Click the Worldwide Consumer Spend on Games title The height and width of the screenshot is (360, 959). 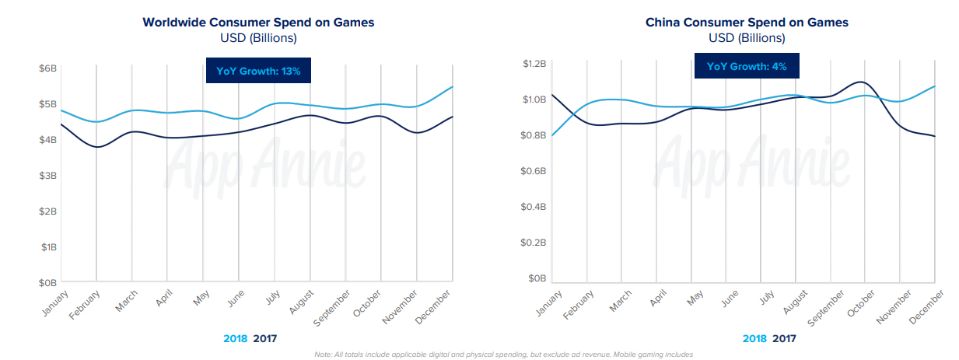coord(258,22)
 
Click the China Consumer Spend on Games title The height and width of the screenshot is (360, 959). coord(747,22)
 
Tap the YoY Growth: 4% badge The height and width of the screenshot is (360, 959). coord(747,67)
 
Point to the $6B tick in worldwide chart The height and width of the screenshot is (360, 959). coord(48,68)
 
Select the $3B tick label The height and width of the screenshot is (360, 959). coord(48,176)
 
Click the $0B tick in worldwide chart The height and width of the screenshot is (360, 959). coord(48,283)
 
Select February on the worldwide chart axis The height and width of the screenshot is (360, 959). coord(84,305)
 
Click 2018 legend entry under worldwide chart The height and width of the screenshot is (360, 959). coord(236,338)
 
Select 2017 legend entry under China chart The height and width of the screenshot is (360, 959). coord(784,338)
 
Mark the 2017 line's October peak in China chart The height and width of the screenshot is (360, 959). coord(861,82)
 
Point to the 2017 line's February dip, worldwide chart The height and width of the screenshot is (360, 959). coord(96,146)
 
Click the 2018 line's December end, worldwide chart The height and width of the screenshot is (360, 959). coord(452,87)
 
